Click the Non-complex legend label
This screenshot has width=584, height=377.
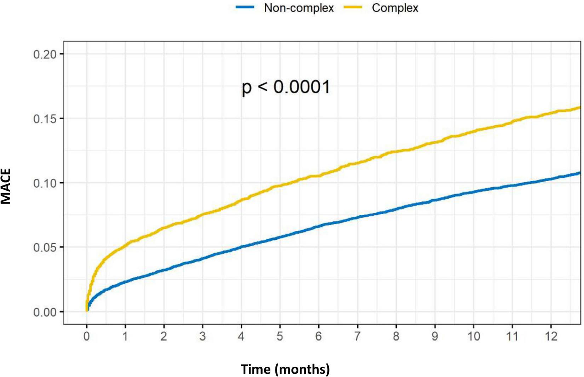[x=299, y=8]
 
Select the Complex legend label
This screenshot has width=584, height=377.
[x=395, y=8]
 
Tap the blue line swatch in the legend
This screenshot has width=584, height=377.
[x=245, y=7]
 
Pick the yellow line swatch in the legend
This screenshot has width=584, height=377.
[x=353, y=7]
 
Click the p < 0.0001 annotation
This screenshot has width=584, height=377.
[x=286, y=87]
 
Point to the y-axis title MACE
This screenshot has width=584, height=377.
[x=6, y=186]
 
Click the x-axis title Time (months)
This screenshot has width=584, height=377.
[x=285, y=369]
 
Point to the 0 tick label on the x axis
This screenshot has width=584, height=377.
[x=87, y=336]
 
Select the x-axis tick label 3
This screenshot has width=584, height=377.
[x=202, y=336]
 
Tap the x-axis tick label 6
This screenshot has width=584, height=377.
[x=319, y=336]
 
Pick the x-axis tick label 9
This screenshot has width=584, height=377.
[x=435, y=336]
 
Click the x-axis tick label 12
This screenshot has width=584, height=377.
[x=551, y=336]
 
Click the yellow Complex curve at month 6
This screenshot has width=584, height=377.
[x=319, y=175]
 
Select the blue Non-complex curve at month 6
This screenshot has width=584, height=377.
[x=319, y=226]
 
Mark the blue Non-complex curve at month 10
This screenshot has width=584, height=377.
[x=474, y=192]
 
